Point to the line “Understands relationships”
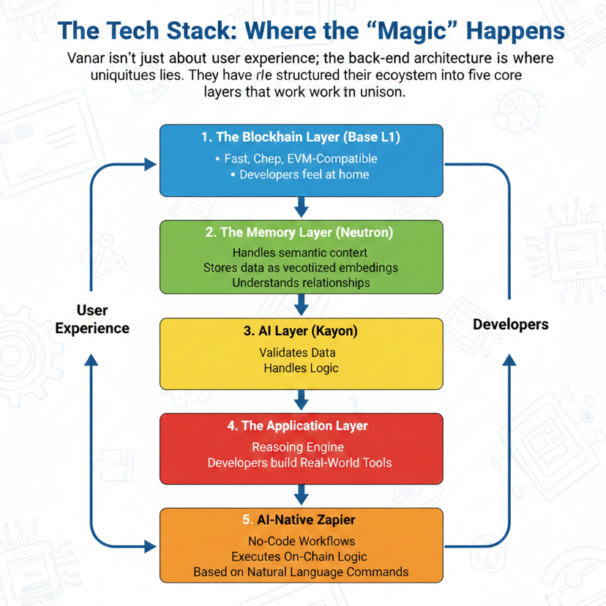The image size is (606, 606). [301, 283]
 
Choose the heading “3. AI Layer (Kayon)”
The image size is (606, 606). [301, 331]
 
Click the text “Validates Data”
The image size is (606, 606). [298, 353]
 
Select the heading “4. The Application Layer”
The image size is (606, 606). [301, 426]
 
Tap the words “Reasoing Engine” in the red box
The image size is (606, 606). [298, 447]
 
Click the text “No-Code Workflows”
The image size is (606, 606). [301, 542]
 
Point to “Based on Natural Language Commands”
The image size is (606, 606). [301, 572]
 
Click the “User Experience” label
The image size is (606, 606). [91, 318]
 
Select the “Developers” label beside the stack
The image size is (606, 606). [511, 323]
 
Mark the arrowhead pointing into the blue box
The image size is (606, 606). [151, 165]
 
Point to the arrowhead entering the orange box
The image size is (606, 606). [151, 546]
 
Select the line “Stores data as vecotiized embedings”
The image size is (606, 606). [301, 267]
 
